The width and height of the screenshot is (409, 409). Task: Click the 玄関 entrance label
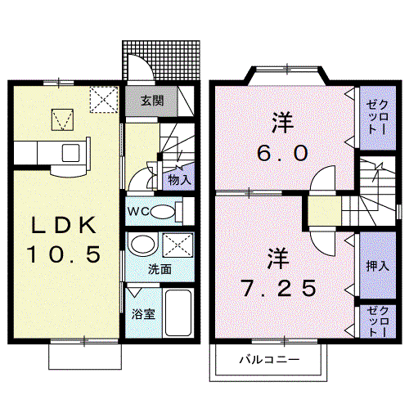coord(152,101)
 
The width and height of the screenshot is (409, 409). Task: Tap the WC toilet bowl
coord(163,211)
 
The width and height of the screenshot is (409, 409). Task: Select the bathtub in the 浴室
coord(178,313)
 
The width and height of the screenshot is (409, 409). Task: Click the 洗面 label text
coord(160,269)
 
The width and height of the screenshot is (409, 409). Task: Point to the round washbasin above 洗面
coord(142,245)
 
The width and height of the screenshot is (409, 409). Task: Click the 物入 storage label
coord(179,180)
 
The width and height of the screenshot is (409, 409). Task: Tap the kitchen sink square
coord(71,153)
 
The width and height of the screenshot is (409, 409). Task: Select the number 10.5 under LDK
coord(64,254)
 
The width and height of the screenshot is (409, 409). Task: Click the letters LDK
coord(64,225)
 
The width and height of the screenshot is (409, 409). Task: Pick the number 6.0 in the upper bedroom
coord(282,153)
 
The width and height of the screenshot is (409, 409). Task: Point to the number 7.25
coord(279,288)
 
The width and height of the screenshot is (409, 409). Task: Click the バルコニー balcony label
coord(269,360)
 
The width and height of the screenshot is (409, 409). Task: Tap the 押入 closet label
coord(377,266)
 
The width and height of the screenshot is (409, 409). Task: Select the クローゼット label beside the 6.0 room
coord(377,117)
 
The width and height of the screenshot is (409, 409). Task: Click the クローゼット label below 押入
coord(377,321)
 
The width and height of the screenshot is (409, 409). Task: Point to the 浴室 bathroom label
coord(143,314)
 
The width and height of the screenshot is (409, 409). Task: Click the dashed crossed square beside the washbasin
coord(178,245)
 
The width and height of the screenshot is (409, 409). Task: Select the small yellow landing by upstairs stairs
coord(325,211)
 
